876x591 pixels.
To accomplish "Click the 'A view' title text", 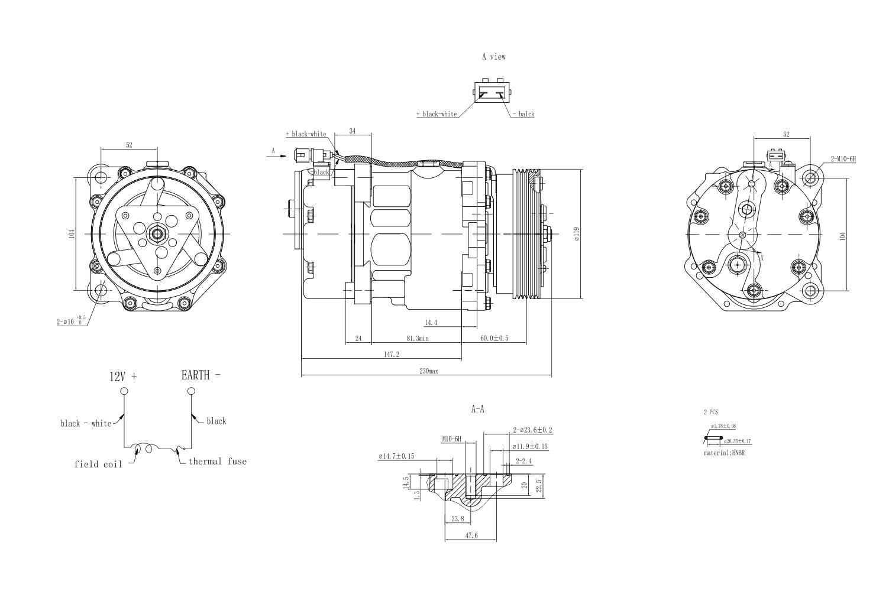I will click(493, 57).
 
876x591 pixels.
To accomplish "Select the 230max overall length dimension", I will click(428, 371).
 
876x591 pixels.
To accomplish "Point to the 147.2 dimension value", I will click(391, 355).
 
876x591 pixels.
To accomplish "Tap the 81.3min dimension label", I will click(418, 339).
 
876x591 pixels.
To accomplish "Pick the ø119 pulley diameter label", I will click(576, 234).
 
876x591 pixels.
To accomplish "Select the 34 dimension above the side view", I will click(352, 131).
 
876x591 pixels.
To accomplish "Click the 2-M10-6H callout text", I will click(843, 159).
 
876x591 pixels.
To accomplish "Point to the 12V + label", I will click(123, 376).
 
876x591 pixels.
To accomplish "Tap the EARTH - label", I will click(201, 375).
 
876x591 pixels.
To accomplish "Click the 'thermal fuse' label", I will click(217, 461).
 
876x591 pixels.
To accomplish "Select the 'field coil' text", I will click(98, 465).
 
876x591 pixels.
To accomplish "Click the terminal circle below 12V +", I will click(124, 391).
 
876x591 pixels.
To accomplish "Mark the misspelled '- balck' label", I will click(522, 114).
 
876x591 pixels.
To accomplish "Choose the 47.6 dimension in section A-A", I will click(471, 536).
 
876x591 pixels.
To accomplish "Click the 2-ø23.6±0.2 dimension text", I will click(532, 430).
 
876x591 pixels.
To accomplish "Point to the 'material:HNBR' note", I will click(723, 453).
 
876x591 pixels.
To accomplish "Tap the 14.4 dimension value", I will click(431, 323).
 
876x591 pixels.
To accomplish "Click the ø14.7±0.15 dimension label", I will click(396, 456).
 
